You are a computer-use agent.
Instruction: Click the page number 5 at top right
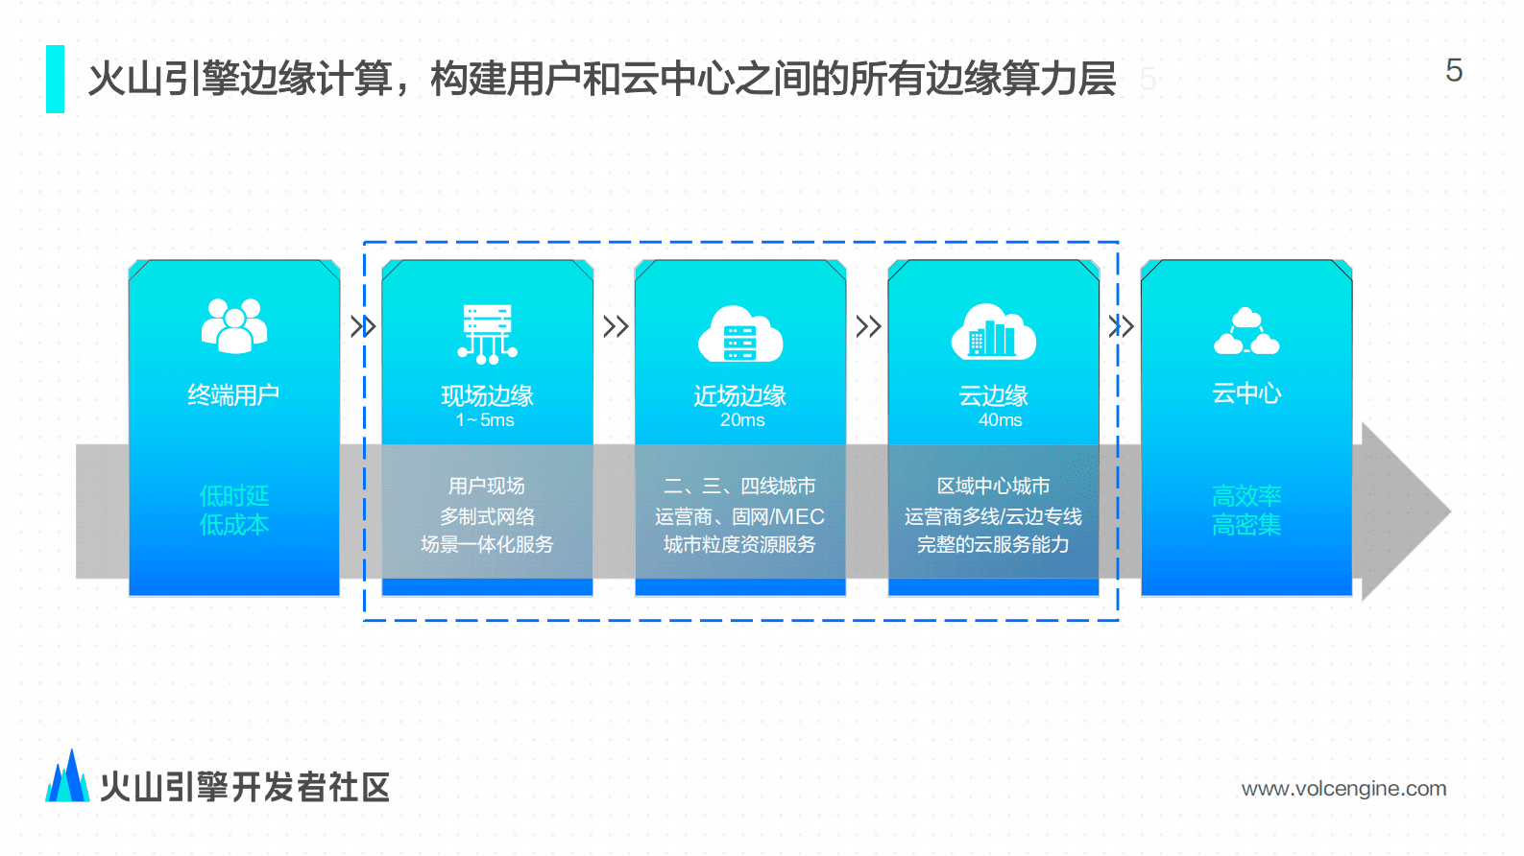point(1454,71)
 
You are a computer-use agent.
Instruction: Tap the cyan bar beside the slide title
point(56,80)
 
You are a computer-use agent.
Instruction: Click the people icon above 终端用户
point(234,326)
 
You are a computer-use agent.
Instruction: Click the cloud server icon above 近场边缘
point(740,334)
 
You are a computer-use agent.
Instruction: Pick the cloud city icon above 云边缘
point(993,332)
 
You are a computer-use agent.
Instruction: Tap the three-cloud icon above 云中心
point(1246,332)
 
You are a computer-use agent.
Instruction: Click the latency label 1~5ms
point(485,420)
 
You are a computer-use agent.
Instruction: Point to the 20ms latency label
point(742,420)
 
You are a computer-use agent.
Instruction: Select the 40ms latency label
point(1000,420)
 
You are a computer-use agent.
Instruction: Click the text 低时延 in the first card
point(234,495)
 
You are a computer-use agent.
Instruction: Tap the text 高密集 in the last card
point(1246,525)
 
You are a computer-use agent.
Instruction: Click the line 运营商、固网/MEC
point(739,516)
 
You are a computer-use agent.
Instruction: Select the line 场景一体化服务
point(487,544)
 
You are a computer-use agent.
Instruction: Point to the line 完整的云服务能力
point(993,544)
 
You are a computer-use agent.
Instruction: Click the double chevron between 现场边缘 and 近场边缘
point(616,326)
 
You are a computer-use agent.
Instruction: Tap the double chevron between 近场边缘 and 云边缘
point(868,326)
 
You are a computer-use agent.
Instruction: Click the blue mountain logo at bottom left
point(67,777)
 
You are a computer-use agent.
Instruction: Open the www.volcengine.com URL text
point(1343,789)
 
